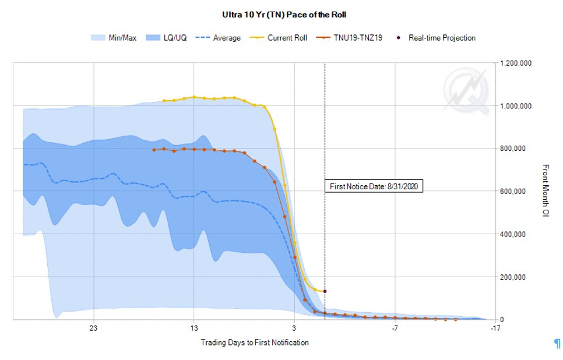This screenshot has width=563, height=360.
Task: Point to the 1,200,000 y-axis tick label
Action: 516,63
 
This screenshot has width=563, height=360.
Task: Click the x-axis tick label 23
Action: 93,328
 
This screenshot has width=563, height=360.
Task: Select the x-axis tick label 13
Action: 194,328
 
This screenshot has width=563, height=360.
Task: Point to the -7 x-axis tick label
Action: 395,328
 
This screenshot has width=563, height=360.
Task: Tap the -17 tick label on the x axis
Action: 495,328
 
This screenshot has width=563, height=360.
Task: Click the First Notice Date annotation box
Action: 374,186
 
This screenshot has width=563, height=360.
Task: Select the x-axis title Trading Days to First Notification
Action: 255,343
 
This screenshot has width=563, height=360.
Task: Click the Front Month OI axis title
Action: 546,191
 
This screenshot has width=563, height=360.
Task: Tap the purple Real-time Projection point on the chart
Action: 325,291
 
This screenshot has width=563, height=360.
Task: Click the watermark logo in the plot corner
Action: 465,90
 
